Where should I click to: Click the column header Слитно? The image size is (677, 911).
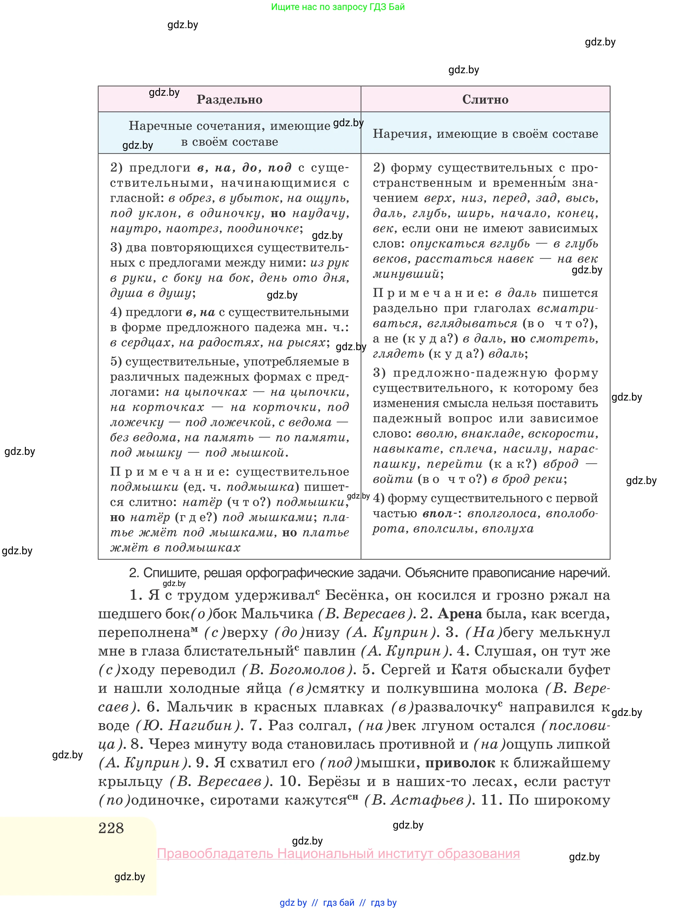pos(485,99)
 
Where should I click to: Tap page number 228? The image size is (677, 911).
pos(111,828)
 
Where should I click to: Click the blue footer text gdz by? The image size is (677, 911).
pos(293,902)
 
